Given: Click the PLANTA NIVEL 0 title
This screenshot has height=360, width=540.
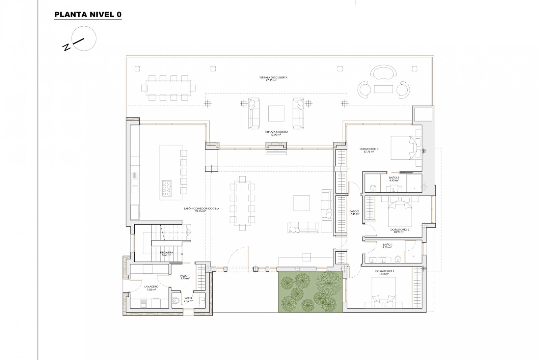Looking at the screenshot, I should click(88, 15).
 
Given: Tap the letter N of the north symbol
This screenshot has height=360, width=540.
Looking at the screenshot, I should click(67, 47).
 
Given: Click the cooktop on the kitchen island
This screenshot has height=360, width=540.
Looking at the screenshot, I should click(167, 188).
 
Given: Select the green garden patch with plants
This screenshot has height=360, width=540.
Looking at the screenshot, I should click(310, 292).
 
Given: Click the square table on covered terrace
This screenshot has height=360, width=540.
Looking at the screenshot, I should click(276, 113).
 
